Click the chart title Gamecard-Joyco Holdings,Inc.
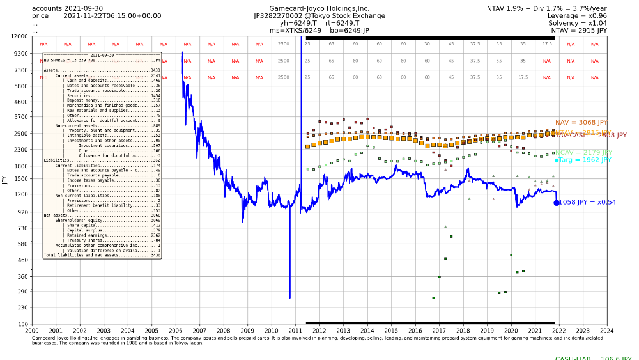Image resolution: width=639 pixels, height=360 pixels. (319, 8)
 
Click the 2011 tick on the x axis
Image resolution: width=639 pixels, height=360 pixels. (295, 330)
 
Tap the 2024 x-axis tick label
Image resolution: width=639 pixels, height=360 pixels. (607, 330)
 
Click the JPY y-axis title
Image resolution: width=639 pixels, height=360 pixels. (4, 180)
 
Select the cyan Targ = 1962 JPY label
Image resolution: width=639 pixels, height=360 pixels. (585, 160)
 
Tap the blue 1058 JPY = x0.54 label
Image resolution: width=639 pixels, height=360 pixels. (587, 202)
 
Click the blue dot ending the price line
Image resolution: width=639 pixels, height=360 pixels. (557, 203)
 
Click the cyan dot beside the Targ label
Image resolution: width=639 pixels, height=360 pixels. (557, 160)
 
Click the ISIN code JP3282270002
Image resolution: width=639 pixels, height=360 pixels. (279, 16)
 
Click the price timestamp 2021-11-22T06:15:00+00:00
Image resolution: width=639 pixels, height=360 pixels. (112, 16)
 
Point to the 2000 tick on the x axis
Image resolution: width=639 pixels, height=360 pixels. (32, 330)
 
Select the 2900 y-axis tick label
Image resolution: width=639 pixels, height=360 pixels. (21, 133)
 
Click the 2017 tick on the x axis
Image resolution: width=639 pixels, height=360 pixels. (439, 330)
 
